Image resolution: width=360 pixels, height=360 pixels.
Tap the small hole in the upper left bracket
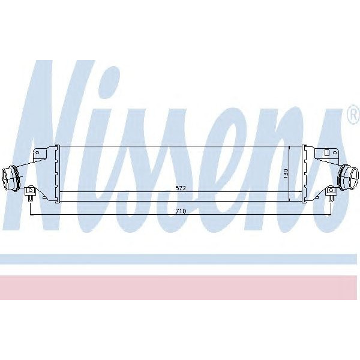tap(37, 154)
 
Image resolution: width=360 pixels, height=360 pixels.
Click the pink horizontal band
tap(180, 287)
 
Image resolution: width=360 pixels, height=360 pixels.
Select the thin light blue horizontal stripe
tap(180, 259)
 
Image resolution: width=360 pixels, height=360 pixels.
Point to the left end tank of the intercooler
tap(56, 174)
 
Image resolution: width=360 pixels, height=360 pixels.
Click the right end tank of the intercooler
tap(304, 174)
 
